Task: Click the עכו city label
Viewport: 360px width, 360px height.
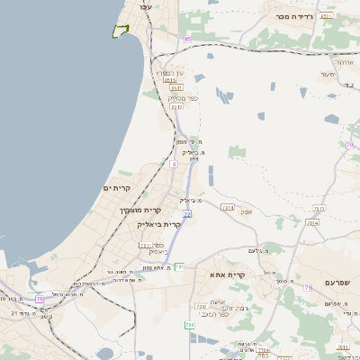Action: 145,6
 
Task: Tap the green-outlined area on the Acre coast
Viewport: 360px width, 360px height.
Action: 120,31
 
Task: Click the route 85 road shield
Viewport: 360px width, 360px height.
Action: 187,39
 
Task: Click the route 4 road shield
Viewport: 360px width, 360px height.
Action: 174,165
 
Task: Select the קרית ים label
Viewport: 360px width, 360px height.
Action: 117,187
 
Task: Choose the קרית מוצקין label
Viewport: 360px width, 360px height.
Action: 139,210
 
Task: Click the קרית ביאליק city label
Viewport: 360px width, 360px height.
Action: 159,224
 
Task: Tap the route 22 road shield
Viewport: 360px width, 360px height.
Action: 187,214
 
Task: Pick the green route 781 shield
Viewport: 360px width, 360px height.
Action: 180,266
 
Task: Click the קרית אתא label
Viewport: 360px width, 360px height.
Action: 228,274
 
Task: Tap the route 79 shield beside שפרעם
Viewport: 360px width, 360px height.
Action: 308,287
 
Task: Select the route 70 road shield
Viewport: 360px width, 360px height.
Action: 349,145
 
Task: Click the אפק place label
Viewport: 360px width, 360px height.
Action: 247,211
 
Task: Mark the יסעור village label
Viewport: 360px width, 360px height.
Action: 328,75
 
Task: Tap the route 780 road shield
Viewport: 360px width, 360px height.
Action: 190,324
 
